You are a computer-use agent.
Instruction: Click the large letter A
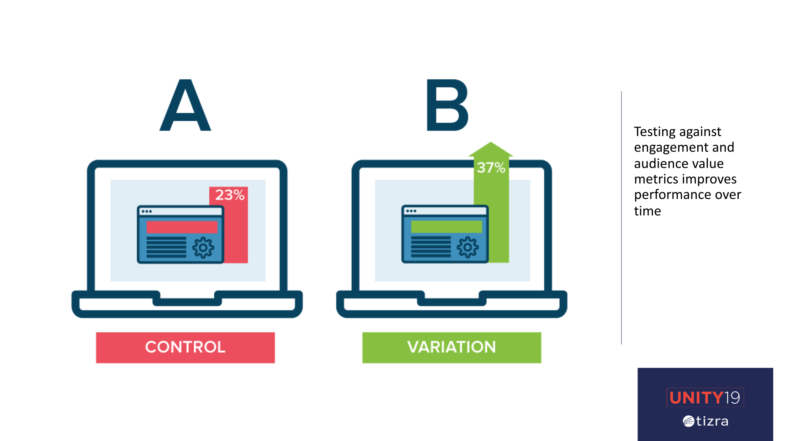click(x=185, y=105)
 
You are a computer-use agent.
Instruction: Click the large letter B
click(x=447, y=105)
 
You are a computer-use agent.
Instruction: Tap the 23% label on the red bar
click(x=230, y=195)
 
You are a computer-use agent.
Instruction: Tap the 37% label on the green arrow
click(x=491, y=167)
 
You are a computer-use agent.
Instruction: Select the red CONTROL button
click(x=185, y=348)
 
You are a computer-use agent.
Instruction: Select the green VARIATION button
click(x=452, y=348)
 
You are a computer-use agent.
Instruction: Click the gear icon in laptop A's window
click(x=203, y=248)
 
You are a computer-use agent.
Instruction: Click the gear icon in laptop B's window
click(x=468, y=248)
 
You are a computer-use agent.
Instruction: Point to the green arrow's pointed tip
click(x=491, y=142)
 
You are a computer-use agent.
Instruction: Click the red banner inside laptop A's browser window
click(x=182, y=227)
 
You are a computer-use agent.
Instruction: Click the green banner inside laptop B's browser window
click(x=446, y=227)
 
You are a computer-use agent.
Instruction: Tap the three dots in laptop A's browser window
click(x=147, y=211)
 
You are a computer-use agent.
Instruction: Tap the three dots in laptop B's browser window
click(x=411, y=211)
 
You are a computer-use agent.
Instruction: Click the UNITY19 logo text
click(x=705, y=397)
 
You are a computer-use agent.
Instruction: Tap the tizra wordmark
click(x=712, y=421)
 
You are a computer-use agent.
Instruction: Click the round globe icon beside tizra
click(x=688, y=421)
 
